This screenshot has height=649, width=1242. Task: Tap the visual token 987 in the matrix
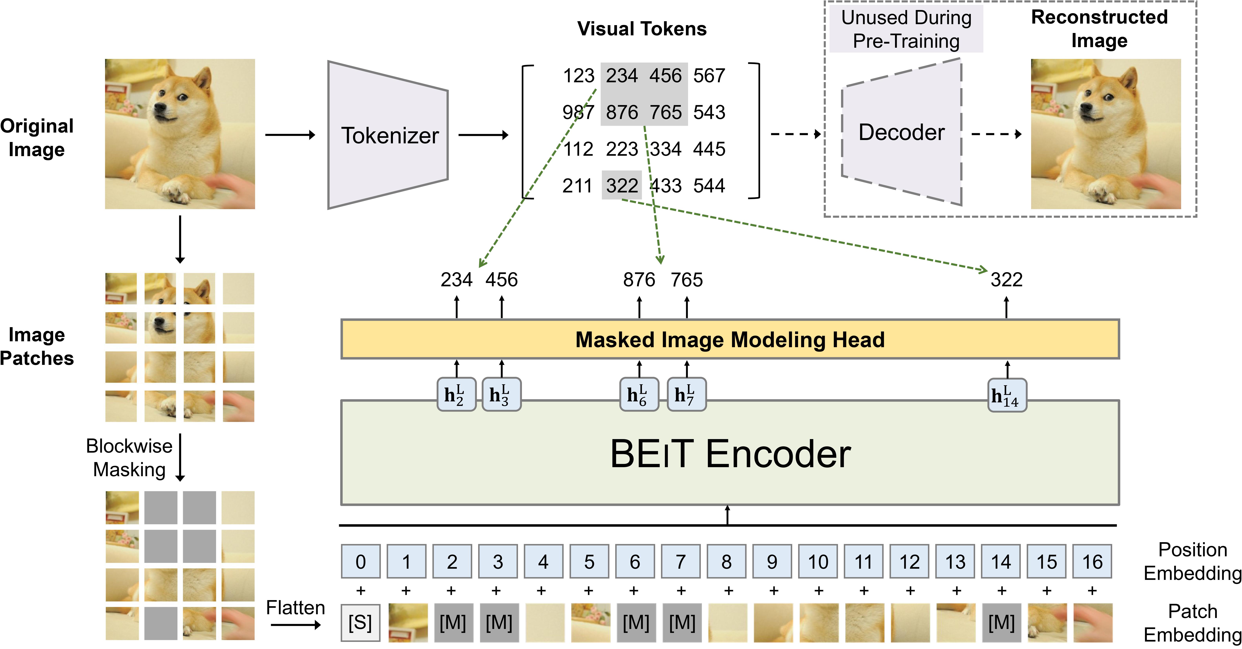tap(578, 112)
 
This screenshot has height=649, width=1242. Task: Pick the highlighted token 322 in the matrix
tap(621, 186)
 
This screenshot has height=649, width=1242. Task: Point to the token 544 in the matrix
tap(709, 186)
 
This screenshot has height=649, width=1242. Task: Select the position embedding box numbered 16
tap(1092, 561)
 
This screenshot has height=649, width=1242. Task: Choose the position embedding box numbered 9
tap(772, 561)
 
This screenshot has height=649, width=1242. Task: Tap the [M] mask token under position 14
tap(1001, 622)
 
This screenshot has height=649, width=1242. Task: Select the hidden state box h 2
tap(456, 395)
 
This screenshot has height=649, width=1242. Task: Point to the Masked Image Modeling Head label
tap(730, 340)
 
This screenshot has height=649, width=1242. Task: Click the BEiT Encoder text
tap(730, 454)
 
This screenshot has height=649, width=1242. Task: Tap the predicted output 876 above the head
tap(639, 280)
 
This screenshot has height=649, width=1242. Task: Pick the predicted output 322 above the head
tap(1006, 280)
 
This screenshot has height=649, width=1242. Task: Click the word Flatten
tap(296, 608)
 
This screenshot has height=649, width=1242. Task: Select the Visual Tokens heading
tap(642, 29)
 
